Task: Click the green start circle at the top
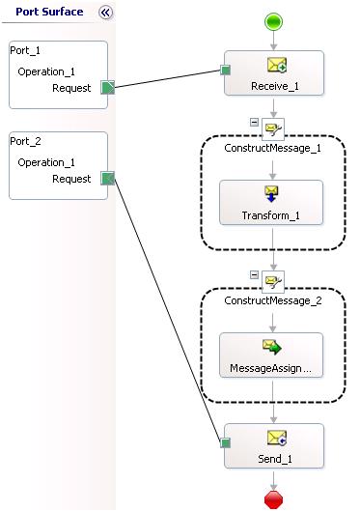pos(273,19)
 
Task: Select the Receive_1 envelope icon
pos(273,67)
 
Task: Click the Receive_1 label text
pos(273,85)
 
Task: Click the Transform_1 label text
pos(273,216)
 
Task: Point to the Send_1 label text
pos(273,459)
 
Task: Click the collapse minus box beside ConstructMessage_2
pos(253,275)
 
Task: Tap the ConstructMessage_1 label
pos(273,148)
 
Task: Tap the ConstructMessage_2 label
pos(273,299)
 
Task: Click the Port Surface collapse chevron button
pos(106,13)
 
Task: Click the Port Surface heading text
pos(49,13)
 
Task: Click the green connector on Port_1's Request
pos(108,88)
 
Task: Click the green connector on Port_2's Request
pos(108,179)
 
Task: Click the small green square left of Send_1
pos(225,443)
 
